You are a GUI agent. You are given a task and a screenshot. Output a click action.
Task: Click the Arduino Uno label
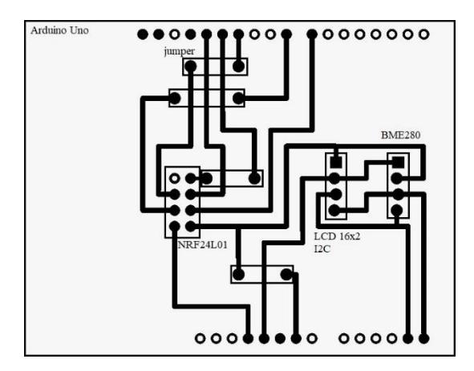pos(59,30)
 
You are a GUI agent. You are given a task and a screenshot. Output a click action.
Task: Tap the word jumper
pos(180,51)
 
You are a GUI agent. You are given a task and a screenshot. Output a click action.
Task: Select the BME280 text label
pos(400,135)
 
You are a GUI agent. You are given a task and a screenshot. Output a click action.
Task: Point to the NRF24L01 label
pos(203,244)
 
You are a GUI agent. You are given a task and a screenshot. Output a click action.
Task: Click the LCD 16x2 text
pos(337,236)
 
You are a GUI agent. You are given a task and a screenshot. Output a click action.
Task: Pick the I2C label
pos(322,249)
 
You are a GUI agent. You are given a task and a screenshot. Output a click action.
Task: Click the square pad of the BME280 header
pos(398,162)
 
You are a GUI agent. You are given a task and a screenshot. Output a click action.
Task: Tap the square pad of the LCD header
pos(336,162)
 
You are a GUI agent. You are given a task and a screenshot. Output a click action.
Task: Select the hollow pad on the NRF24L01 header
pos(174,178)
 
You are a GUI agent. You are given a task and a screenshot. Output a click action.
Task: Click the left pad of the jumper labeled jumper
pos(190,67)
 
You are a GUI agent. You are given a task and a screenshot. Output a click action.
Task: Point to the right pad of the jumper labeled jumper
pos(238,67)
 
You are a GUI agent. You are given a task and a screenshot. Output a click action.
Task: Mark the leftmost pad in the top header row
pos(143,34)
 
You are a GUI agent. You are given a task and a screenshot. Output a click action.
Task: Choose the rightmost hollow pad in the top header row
pos(423,34)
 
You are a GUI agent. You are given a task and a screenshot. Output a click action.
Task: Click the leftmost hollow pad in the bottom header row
pos(200,338)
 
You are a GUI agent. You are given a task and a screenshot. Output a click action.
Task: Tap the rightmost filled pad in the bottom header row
pos(423,338)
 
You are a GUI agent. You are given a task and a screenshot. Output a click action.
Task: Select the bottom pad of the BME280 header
pos(397,210)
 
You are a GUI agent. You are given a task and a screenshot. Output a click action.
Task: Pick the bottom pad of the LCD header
pos(334,210)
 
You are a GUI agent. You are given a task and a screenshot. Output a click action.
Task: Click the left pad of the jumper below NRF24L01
pos(238,274)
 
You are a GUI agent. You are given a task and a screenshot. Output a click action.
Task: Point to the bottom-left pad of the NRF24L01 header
pos(174,226)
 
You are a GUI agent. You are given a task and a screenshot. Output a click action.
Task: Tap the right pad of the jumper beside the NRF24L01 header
pos(254,178)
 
